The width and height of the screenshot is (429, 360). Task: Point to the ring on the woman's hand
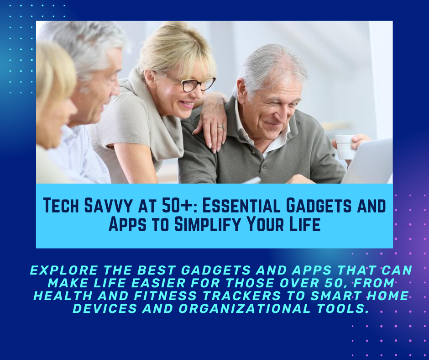(x=222, y=127)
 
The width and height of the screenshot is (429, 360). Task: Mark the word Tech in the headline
(x=59, y=206)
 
